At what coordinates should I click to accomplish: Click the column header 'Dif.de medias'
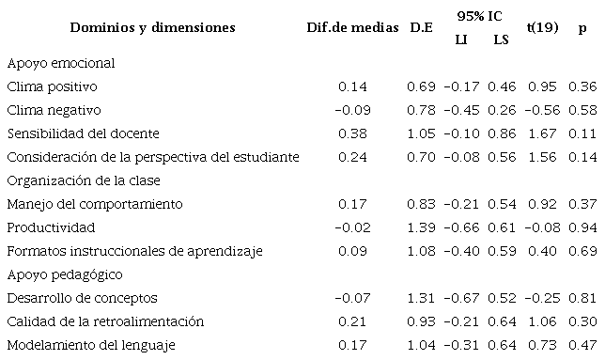click(x=351, y=27)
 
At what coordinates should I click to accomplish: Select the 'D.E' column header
click(x=421, y=27)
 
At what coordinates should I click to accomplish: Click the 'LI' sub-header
click(x=460, y=39)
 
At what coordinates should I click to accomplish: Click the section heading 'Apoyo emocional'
click(x=60, y=63)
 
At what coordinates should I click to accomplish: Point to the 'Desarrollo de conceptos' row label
click(x=77, y=298)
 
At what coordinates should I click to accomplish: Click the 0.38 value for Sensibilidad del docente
click(x=351, y=133)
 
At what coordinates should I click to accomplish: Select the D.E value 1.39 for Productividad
click(x=421, y=227)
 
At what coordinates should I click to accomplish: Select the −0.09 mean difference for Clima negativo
click(x=351, y=110)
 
